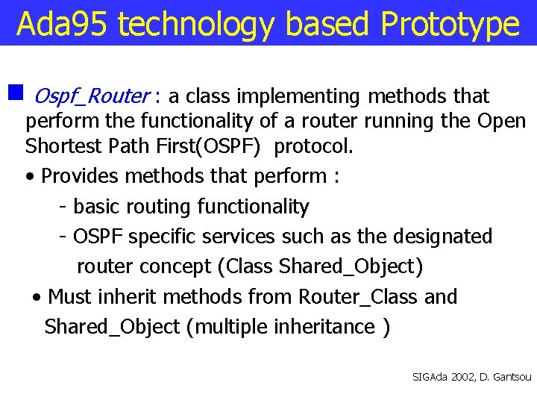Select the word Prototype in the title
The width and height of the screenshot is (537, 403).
(450, 24)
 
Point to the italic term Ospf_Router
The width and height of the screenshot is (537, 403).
(91, 96)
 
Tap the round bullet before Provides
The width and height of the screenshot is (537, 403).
(28, 178)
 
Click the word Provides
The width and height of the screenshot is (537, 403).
(81, 176)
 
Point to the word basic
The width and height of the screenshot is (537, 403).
(96, 206)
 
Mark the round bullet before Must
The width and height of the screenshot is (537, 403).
(37, 298)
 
